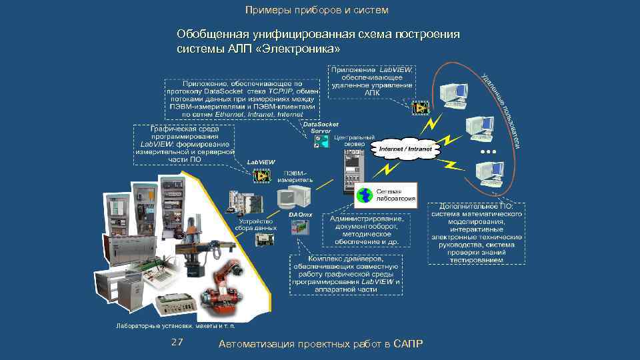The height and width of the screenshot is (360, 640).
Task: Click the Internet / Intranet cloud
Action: (x=405, y=149)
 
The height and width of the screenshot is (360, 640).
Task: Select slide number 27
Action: (x=177, y=342)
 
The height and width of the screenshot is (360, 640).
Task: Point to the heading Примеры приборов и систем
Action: (x=317, y=10)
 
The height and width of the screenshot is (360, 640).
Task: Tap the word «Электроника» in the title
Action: (x=304, y=49)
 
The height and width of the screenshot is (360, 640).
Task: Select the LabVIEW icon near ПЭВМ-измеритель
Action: (x=260, y=175)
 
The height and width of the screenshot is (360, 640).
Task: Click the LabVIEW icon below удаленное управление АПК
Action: (x=420, y=107)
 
